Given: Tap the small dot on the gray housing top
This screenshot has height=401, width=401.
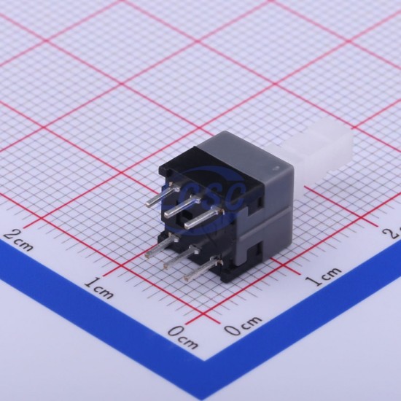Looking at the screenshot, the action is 276,168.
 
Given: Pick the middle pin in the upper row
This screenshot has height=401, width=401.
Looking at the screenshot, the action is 182,206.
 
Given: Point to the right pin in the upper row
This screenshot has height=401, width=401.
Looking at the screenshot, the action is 203,218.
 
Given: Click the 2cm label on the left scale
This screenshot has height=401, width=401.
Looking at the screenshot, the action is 19,240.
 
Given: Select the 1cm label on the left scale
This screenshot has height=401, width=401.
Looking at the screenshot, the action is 99,287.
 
